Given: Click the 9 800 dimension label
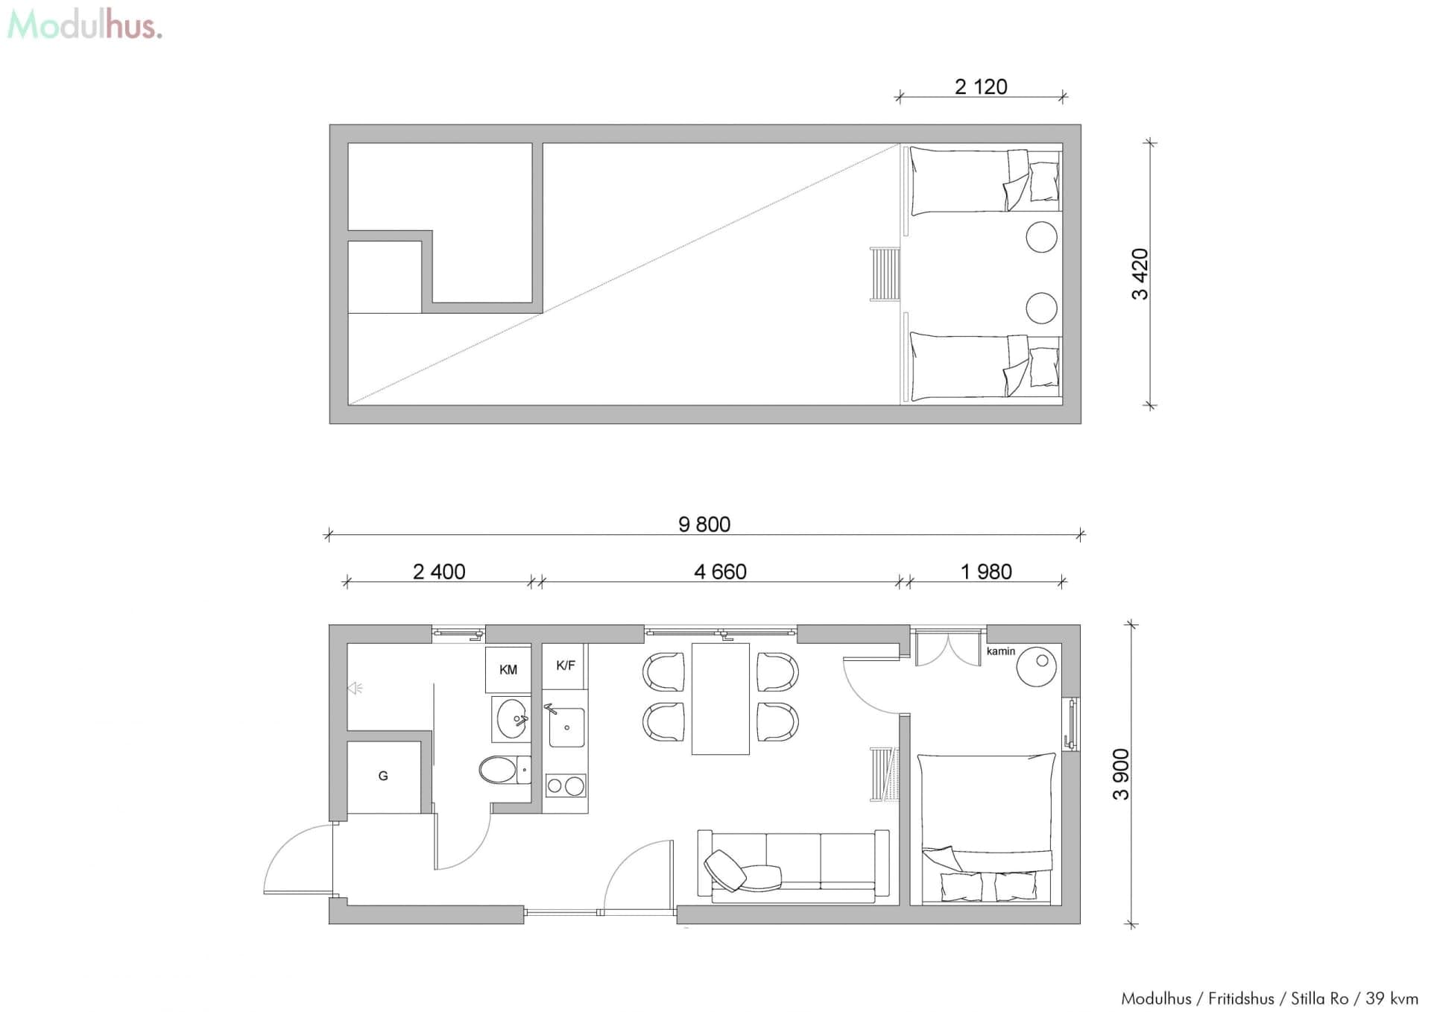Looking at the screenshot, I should pyautogui.click(x=704, y=524).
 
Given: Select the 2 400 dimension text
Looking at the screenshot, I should pyautogui.click(x=439, y=572).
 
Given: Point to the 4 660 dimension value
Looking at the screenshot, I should pyautogui.click(x=720, y=572).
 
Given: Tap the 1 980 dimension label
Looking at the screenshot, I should pyautogui.click(x=986, y=572).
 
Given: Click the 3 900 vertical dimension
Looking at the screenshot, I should pyautogui.click(x=1121, y=774).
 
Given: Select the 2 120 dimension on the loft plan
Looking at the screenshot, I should pyautogui.click(x=981, y=86).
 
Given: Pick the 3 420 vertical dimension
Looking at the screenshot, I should pyautogui.click(x=1140, y=273).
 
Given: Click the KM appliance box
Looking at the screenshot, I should pyautogui.click(x=508, y=669).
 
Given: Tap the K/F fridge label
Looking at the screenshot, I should pyautogui.click(x=566, y=665).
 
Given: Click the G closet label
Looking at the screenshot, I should pyautogui.click(x=383, y=776).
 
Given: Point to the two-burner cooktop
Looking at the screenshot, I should pyautogui.click(x=566, y=785).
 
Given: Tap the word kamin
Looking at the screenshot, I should pyautogui.click(x=1000, y=651).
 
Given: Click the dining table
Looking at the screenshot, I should pyautogui.click(x=720, y=698).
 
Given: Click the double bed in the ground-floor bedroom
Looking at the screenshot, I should pyautogui.click(x=986, y=827).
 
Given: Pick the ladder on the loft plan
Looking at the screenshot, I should pyautogui.click(x=885, y=274).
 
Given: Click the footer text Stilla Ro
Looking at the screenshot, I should pyautogui.click(x=1319, y=998).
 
